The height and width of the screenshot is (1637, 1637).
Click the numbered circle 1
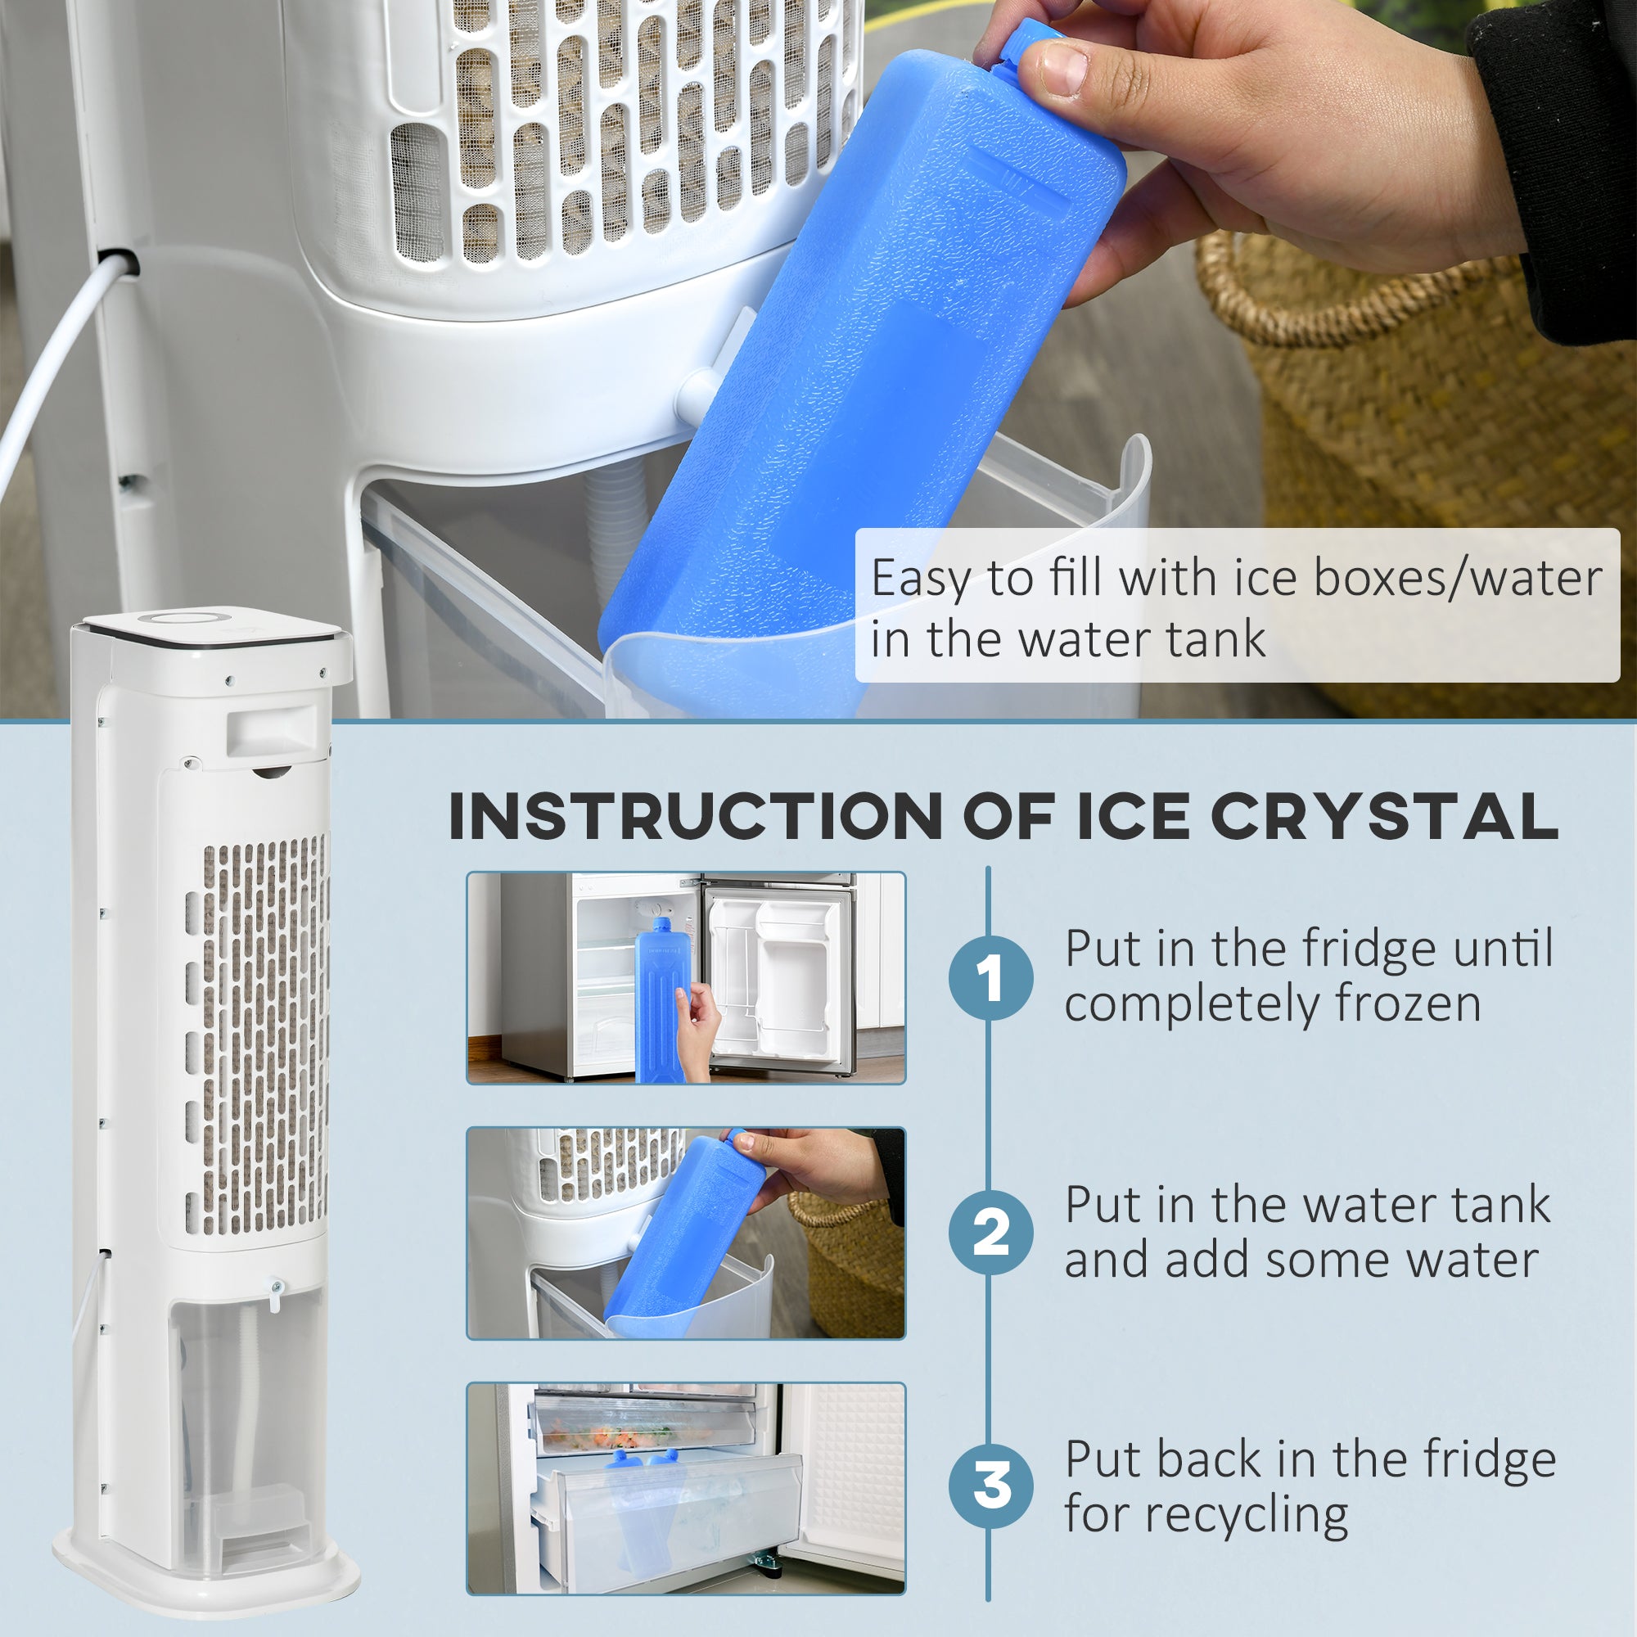click(x=990, y=978)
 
